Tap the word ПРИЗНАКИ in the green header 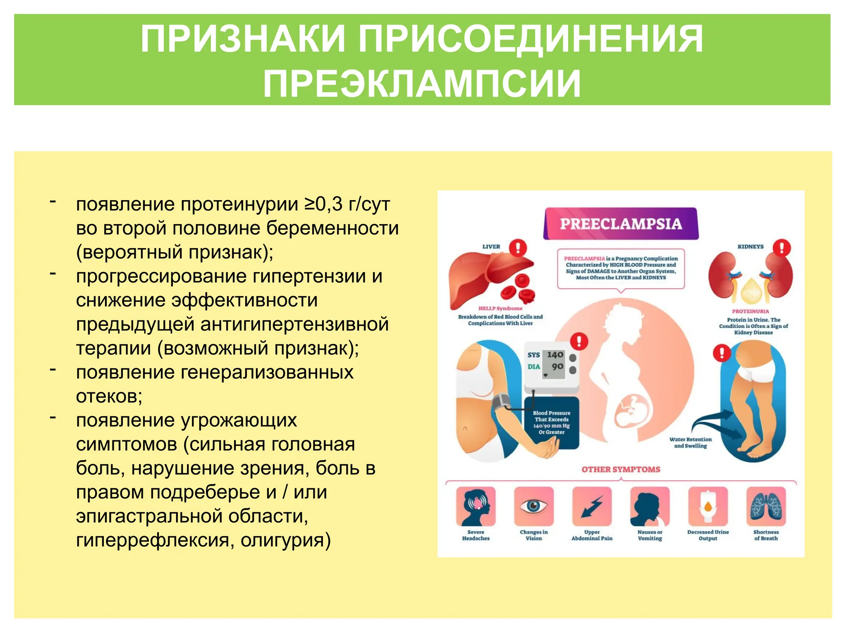[242, 39]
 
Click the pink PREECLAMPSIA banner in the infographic [620, 224]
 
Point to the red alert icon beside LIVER [517, 248]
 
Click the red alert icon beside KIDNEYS [781, 248]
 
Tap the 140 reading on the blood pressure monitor [555, 355]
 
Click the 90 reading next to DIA [557, 366]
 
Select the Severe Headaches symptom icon [476, 506]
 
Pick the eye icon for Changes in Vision [534, 506]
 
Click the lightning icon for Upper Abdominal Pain [591, 506]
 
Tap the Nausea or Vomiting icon [650, 506]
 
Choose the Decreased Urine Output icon [708, 506]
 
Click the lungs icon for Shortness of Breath [766, 506]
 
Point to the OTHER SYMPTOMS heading [620, 469]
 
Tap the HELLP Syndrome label [500, 308]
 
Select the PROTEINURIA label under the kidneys [750, 311]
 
